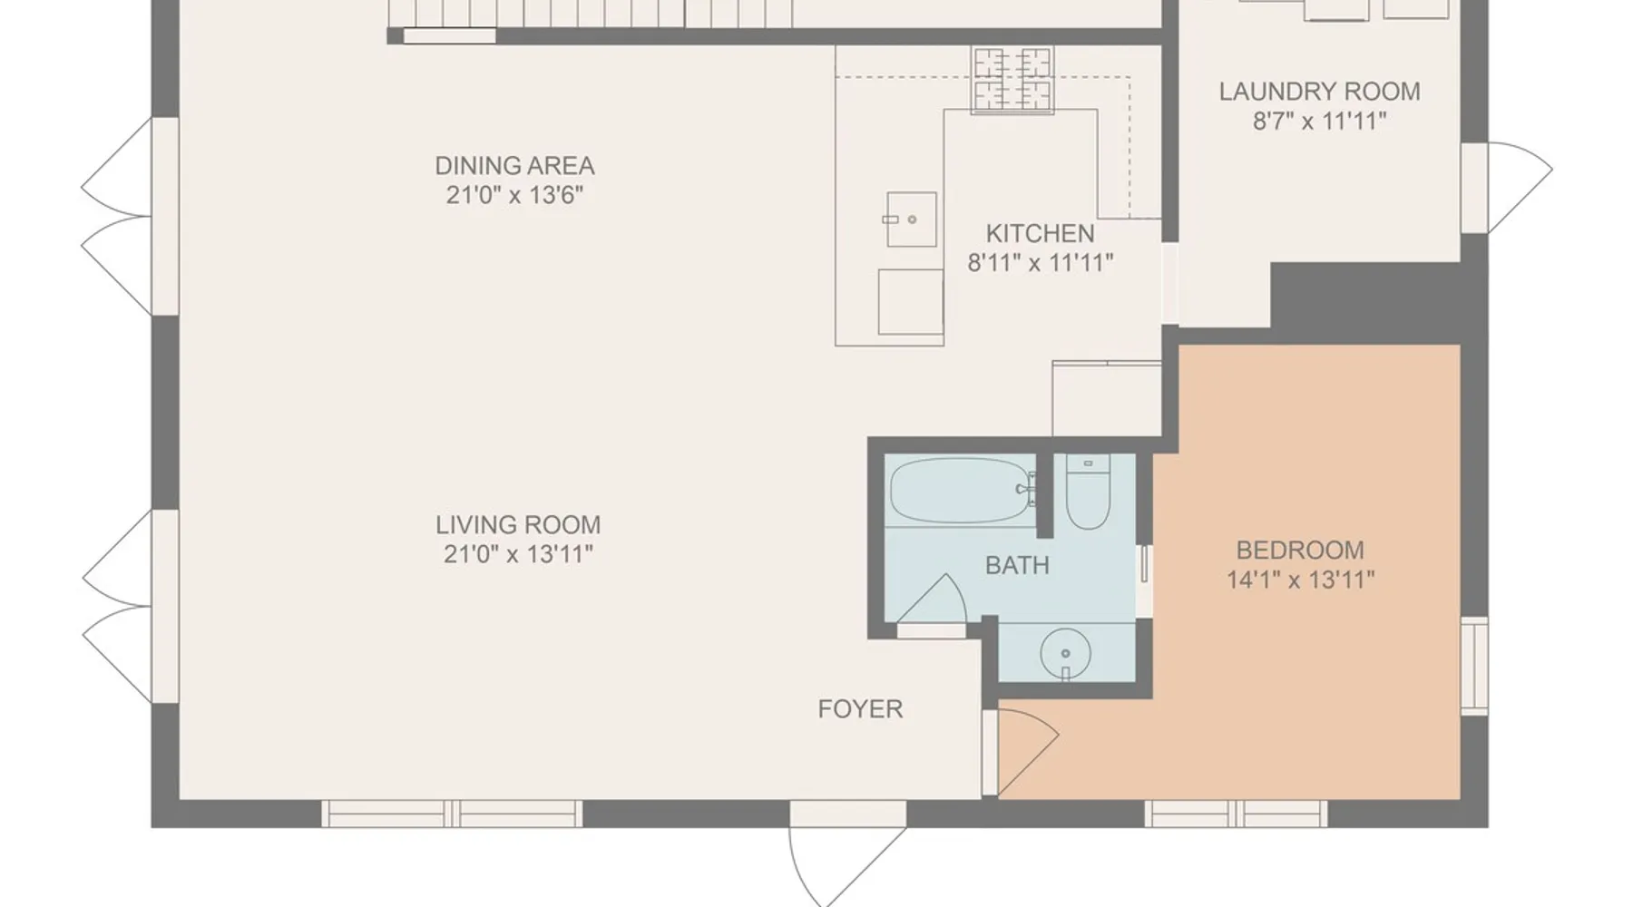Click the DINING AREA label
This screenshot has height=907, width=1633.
click(514, 166)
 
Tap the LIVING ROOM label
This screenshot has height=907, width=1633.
click(518, 525)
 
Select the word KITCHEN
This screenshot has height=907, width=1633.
click(1040, 234)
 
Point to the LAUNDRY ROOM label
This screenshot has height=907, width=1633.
click(1319, 92)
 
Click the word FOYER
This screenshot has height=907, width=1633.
click(860, 709)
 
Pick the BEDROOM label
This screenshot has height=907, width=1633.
click(1300, 551)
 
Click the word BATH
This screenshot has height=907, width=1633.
click(1017, 566)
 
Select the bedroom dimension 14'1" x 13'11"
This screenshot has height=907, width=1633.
click(1300, 580)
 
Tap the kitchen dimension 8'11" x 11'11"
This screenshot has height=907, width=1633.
click(1040, 263)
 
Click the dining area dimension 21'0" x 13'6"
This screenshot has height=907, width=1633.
click(514, 195)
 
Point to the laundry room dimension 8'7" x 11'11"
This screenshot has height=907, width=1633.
click(1319, 121)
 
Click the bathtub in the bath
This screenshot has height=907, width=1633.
click(962, 491)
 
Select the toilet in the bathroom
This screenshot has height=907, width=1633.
click(1088, 492)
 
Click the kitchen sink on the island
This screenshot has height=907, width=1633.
click(911, 219)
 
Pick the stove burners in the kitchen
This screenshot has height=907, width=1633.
click(1012, 80)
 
